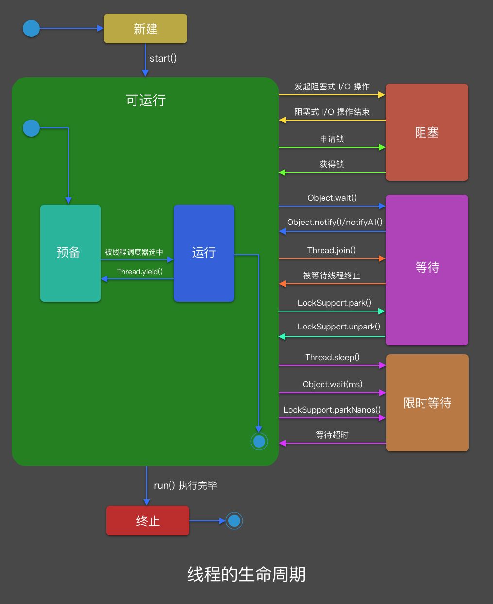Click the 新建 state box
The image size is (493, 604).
click(145, 29)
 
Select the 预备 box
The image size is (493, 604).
click(70, 253)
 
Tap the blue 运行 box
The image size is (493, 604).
click(204, 253)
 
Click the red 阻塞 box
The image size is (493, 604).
click(426, 132)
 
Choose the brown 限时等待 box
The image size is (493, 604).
click(427, 403)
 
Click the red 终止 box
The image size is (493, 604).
click(148, 521)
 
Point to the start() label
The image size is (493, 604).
click(163, 58)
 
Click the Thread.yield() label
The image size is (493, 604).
click(140, 272)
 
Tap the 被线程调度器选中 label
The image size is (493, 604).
click(134, 252)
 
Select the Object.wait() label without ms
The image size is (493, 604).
click(332, 198)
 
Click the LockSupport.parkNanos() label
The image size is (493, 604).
click(332, 410)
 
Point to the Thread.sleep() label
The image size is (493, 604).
click(332, 357)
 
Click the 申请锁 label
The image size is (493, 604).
click(332, 139)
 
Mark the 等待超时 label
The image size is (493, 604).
click(332, 435)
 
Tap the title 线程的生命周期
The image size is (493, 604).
click(246, 574)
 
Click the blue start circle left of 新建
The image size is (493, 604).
click(32, 29)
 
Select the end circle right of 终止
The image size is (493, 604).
click(234, 521)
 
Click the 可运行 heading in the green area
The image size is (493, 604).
click(146, 101)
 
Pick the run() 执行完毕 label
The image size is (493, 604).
click(185, 485)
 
